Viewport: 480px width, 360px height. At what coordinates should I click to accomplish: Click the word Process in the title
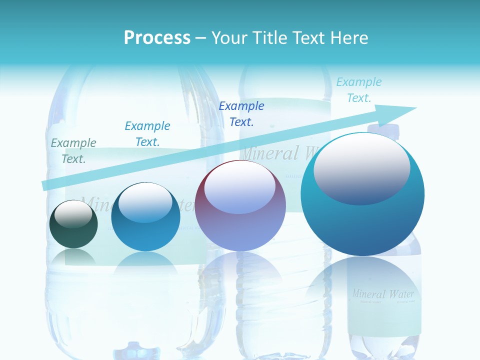157,38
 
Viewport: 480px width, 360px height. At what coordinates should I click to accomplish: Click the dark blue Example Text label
241,114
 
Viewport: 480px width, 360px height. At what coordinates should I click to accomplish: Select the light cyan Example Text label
358,90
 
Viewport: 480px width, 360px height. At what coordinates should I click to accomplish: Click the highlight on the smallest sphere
73,214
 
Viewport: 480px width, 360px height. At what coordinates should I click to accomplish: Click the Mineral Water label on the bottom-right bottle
383,293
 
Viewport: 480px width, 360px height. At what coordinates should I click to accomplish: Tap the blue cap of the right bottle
384,130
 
